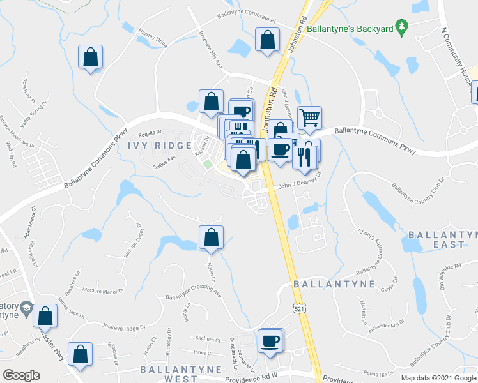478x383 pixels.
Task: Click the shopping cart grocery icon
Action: (309, 117)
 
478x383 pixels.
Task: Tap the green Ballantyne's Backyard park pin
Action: (401, 27)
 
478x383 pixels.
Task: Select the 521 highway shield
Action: (298, 308)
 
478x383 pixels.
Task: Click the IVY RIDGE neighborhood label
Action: (160, 146)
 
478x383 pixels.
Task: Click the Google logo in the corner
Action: (21, 375)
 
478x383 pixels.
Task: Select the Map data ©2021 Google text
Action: (438, 378)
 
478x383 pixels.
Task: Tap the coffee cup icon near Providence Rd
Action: (270, 340)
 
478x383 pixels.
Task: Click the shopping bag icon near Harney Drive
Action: (90, 57)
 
